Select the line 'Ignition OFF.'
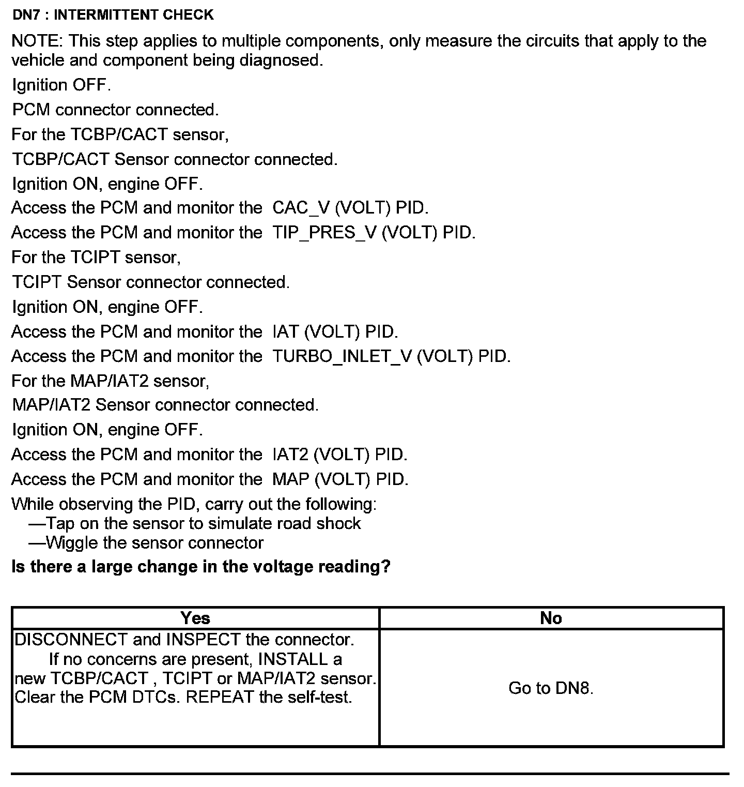[61, 85]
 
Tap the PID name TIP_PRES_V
[324, 233]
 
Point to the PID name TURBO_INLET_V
[342, 356]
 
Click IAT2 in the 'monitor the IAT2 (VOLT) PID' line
[290, 455]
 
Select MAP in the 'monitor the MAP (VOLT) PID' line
[290, 479]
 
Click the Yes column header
[195, 618]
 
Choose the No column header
[551, 618]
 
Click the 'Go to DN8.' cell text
[551, 688]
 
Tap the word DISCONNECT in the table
[71, 640]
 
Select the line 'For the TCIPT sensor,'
[96, 258]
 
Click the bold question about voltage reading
[200, 567]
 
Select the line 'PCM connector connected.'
[115, 110]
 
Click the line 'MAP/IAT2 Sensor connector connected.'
[165, 405]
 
